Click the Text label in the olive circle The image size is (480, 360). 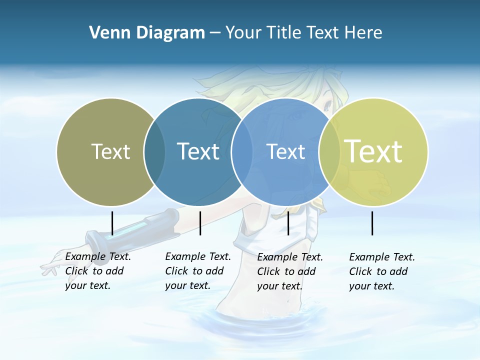(110, 151)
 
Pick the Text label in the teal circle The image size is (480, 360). (198, 151)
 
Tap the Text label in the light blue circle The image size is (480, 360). (286, 151)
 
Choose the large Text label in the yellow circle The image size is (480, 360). (373, 151)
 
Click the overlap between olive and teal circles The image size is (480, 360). (154, 152)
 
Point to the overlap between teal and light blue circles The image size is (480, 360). (242, 152)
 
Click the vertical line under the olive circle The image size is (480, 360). (112, 223)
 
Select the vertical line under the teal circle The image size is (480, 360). (200, 223)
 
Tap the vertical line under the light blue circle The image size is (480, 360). (288, 223)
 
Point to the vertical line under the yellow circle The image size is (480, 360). (372, 223)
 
